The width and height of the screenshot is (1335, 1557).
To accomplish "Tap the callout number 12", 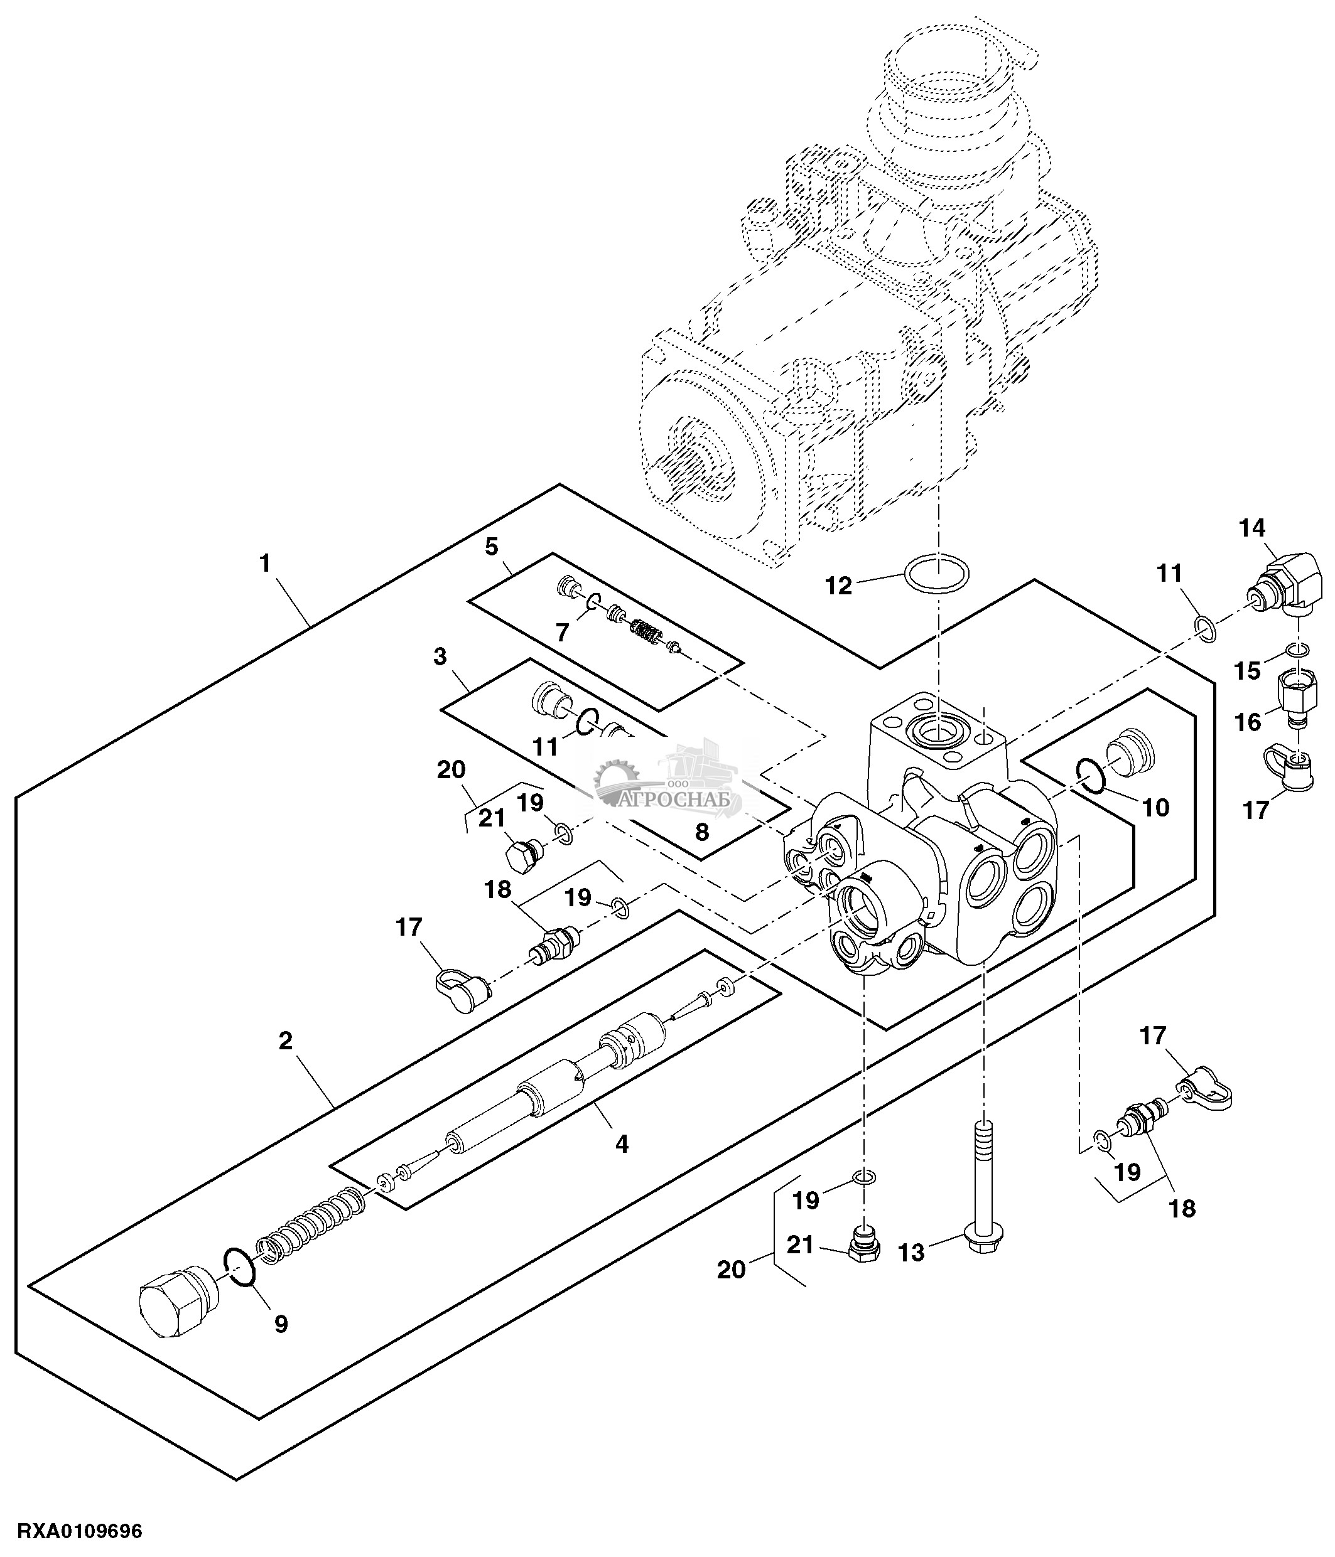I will point(839,586).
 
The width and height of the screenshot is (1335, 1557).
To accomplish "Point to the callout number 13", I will point(912,1253).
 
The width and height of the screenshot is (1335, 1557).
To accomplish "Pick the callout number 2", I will point(285,1041).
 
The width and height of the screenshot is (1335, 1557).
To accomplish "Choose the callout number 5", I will point(491,547).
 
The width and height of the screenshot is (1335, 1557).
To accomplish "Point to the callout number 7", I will point(562,633).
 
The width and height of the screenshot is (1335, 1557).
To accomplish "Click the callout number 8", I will point(702,832).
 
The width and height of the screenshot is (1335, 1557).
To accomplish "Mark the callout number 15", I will point(1248,670).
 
